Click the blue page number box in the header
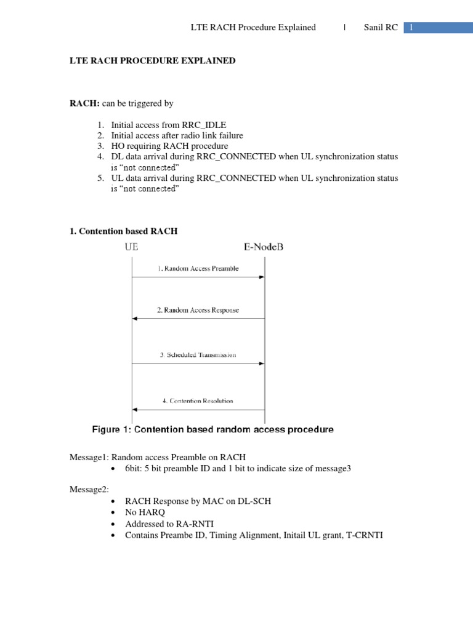point(438,28)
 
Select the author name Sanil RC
point(381,28)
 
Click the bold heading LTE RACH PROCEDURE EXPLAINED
point(152,62)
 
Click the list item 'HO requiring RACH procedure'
point(169,146)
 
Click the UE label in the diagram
point(132,247)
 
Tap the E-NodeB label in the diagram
point(264,247)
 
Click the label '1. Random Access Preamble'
point(198,269)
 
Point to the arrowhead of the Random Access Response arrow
point(135,319)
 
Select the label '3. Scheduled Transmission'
point(198,355)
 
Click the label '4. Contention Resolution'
point(198,401)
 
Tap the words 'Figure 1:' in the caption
point(111,430)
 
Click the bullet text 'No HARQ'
point(145,512)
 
